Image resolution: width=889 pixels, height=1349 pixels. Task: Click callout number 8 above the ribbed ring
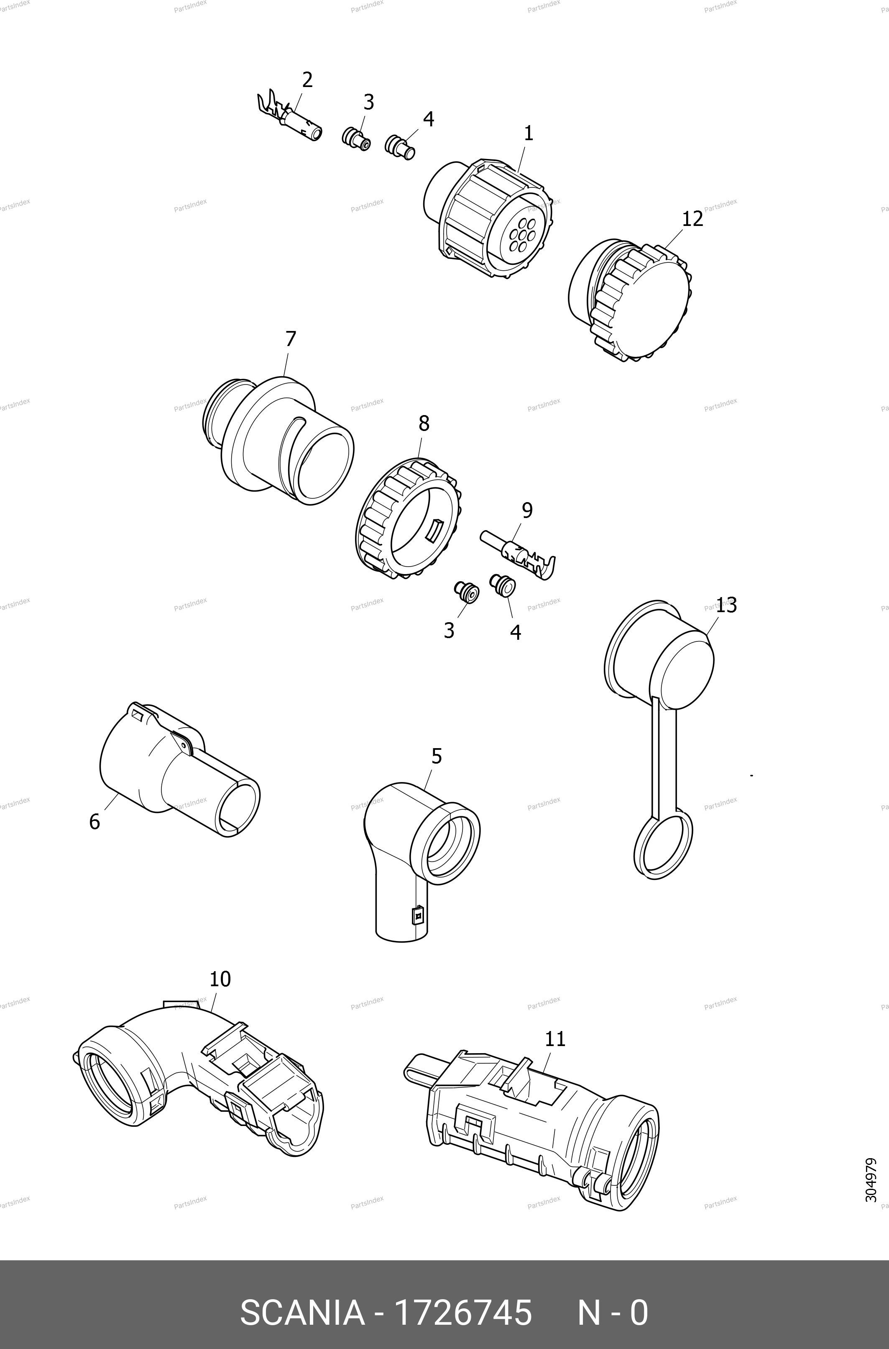coord(424,423)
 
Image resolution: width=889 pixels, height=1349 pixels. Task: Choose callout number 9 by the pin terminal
coord(527,510)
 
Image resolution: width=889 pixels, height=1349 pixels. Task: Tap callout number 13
coord(726,606)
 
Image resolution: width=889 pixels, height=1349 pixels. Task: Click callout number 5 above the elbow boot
coord(436,756)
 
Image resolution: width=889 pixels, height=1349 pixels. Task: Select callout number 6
coord(95,821)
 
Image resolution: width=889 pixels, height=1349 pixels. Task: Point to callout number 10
coord(220,979)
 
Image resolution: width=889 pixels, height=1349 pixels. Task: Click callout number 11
coord(555,1039)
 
